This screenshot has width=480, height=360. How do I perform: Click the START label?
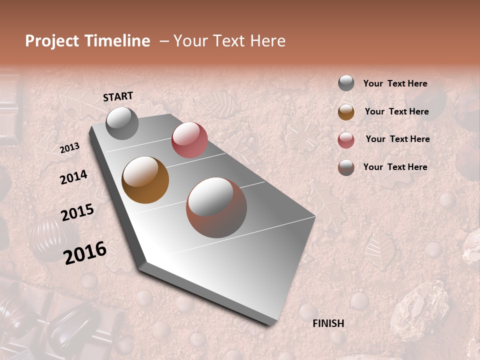point(118,96)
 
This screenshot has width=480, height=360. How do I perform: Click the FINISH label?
point(328,323)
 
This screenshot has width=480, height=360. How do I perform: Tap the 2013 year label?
point(69,147)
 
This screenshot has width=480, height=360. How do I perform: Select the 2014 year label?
point(73,177)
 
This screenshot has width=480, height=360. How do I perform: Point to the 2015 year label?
point(77,212)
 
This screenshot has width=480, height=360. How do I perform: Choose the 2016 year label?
point(85,252)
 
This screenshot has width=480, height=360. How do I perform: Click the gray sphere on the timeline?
point(122,123)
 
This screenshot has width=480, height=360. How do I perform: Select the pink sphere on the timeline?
point(189,140)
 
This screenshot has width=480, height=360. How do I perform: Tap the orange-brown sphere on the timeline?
point(145,180)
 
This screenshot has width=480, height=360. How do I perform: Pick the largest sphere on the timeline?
point(216,207)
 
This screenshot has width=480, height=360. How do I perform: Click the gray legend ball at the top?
point(346,83)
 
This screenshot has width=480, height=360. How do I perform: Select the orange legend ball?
point(346,112)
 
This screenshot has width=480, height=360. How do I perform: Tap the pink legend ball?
point(346,140)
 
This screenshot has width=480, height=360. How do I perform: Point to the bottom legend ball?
point(346,167)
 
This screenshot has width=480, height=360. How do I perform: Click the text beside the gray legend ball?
point(395,84)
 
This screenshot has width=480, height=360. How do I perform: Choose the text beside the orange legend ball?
point(396,111)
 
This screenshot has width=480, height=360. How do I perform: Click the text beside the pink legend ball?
point(397,139)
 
